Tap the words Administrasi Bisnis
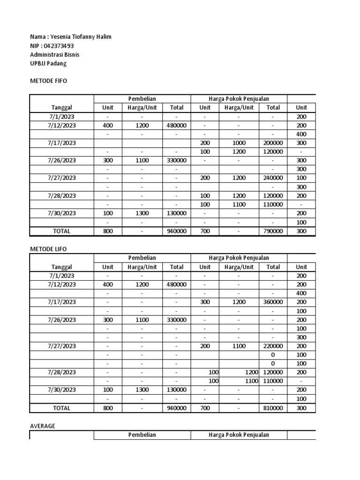coord(54,54)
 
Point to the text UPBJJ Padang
coord(48,63)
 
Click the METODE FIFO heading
coord(48,81)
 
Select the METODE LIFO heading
coord(48,249)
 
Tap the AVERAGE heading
coord(42,426)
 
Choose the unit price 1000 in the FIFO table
coord(239,143)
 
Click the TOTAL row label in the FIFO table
coord(62,231)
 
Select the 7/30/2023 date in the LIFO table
coord(62,390)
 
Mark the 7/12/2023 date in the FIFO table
coord(62,125)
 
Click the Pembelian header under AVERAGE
coord(142,435)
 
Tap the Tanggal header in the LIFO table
coord(62,267)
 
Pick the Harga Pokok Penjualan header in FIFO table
coord(239,98)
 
